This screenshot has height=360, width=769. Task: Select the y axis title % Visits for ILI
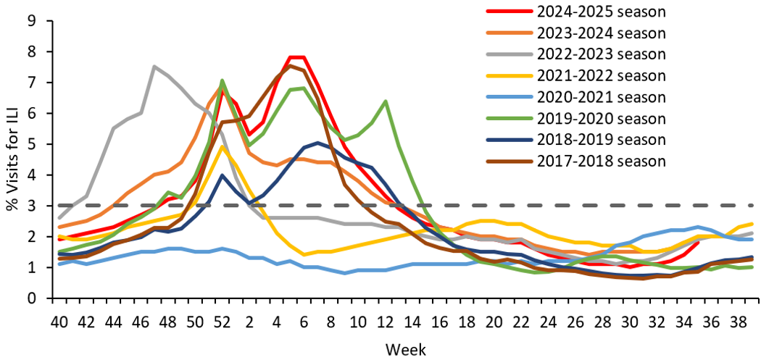pos(12,159)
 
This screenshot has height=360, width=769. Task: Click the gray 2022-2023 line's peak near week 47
pos(154,67)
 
